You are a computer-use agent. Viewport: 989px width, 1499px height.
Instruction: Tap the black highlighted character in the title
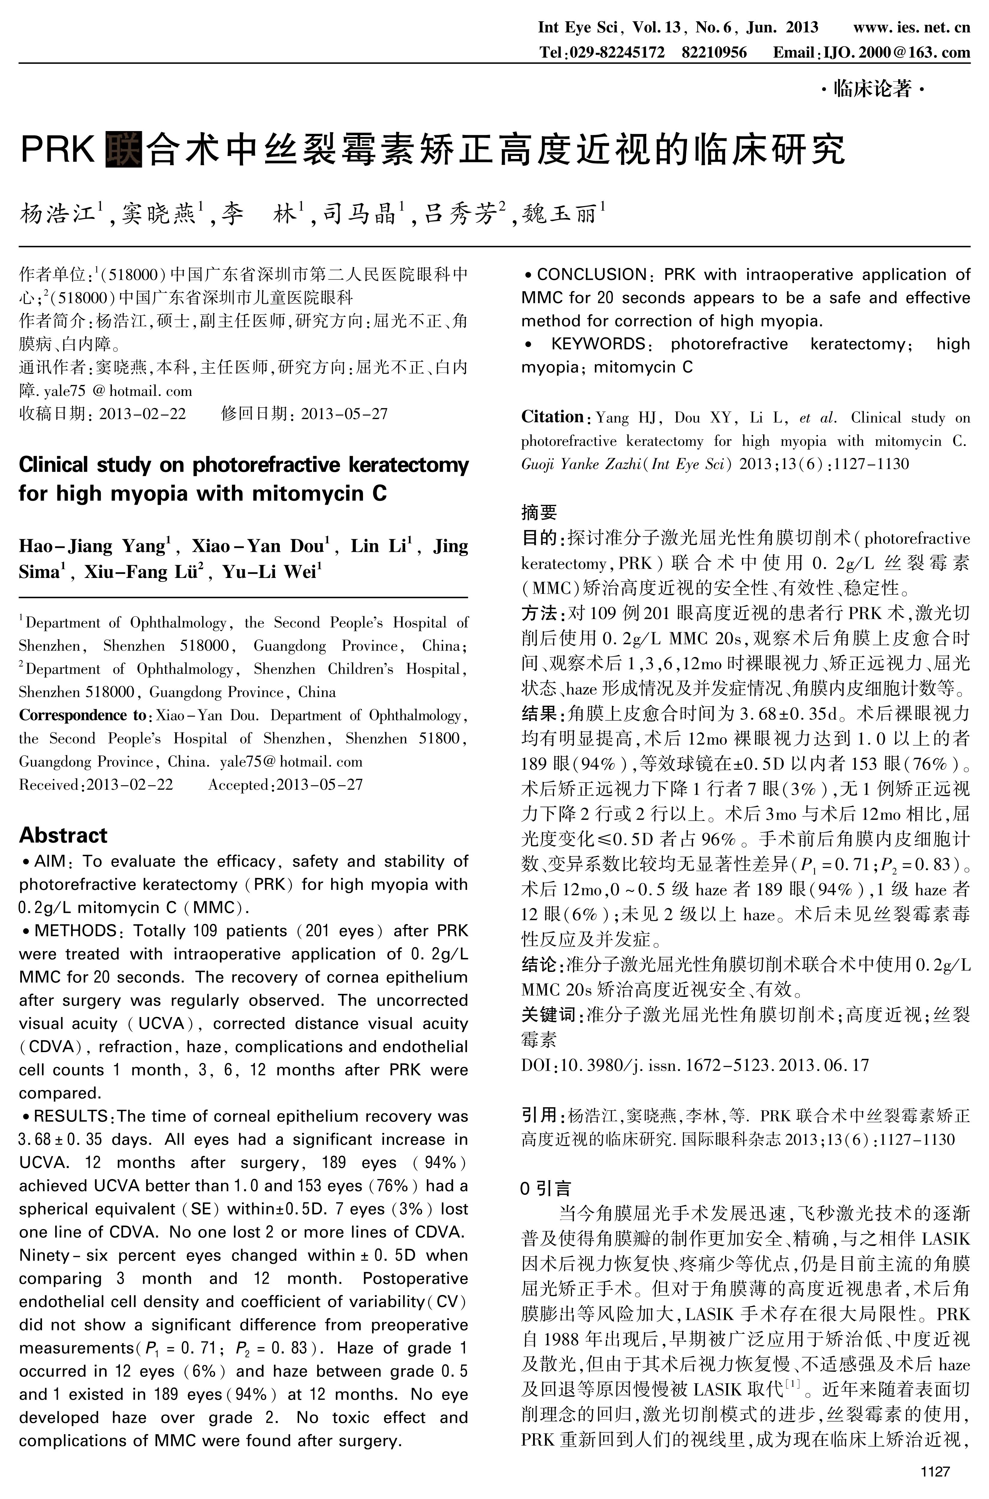124,148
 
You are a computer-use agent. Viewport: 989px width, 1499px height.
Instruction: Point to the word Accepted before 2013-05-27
238,785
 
